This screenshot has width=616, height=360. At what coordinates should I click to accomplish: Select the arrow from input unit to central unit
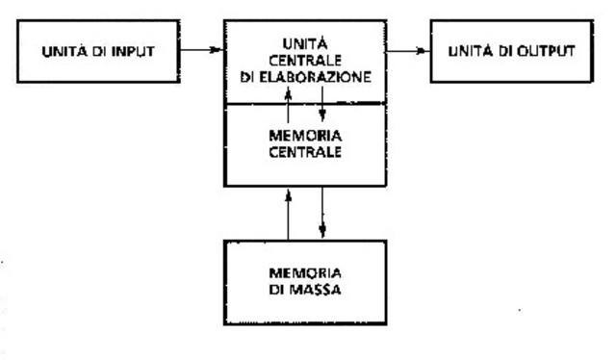tap(202, 44)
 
